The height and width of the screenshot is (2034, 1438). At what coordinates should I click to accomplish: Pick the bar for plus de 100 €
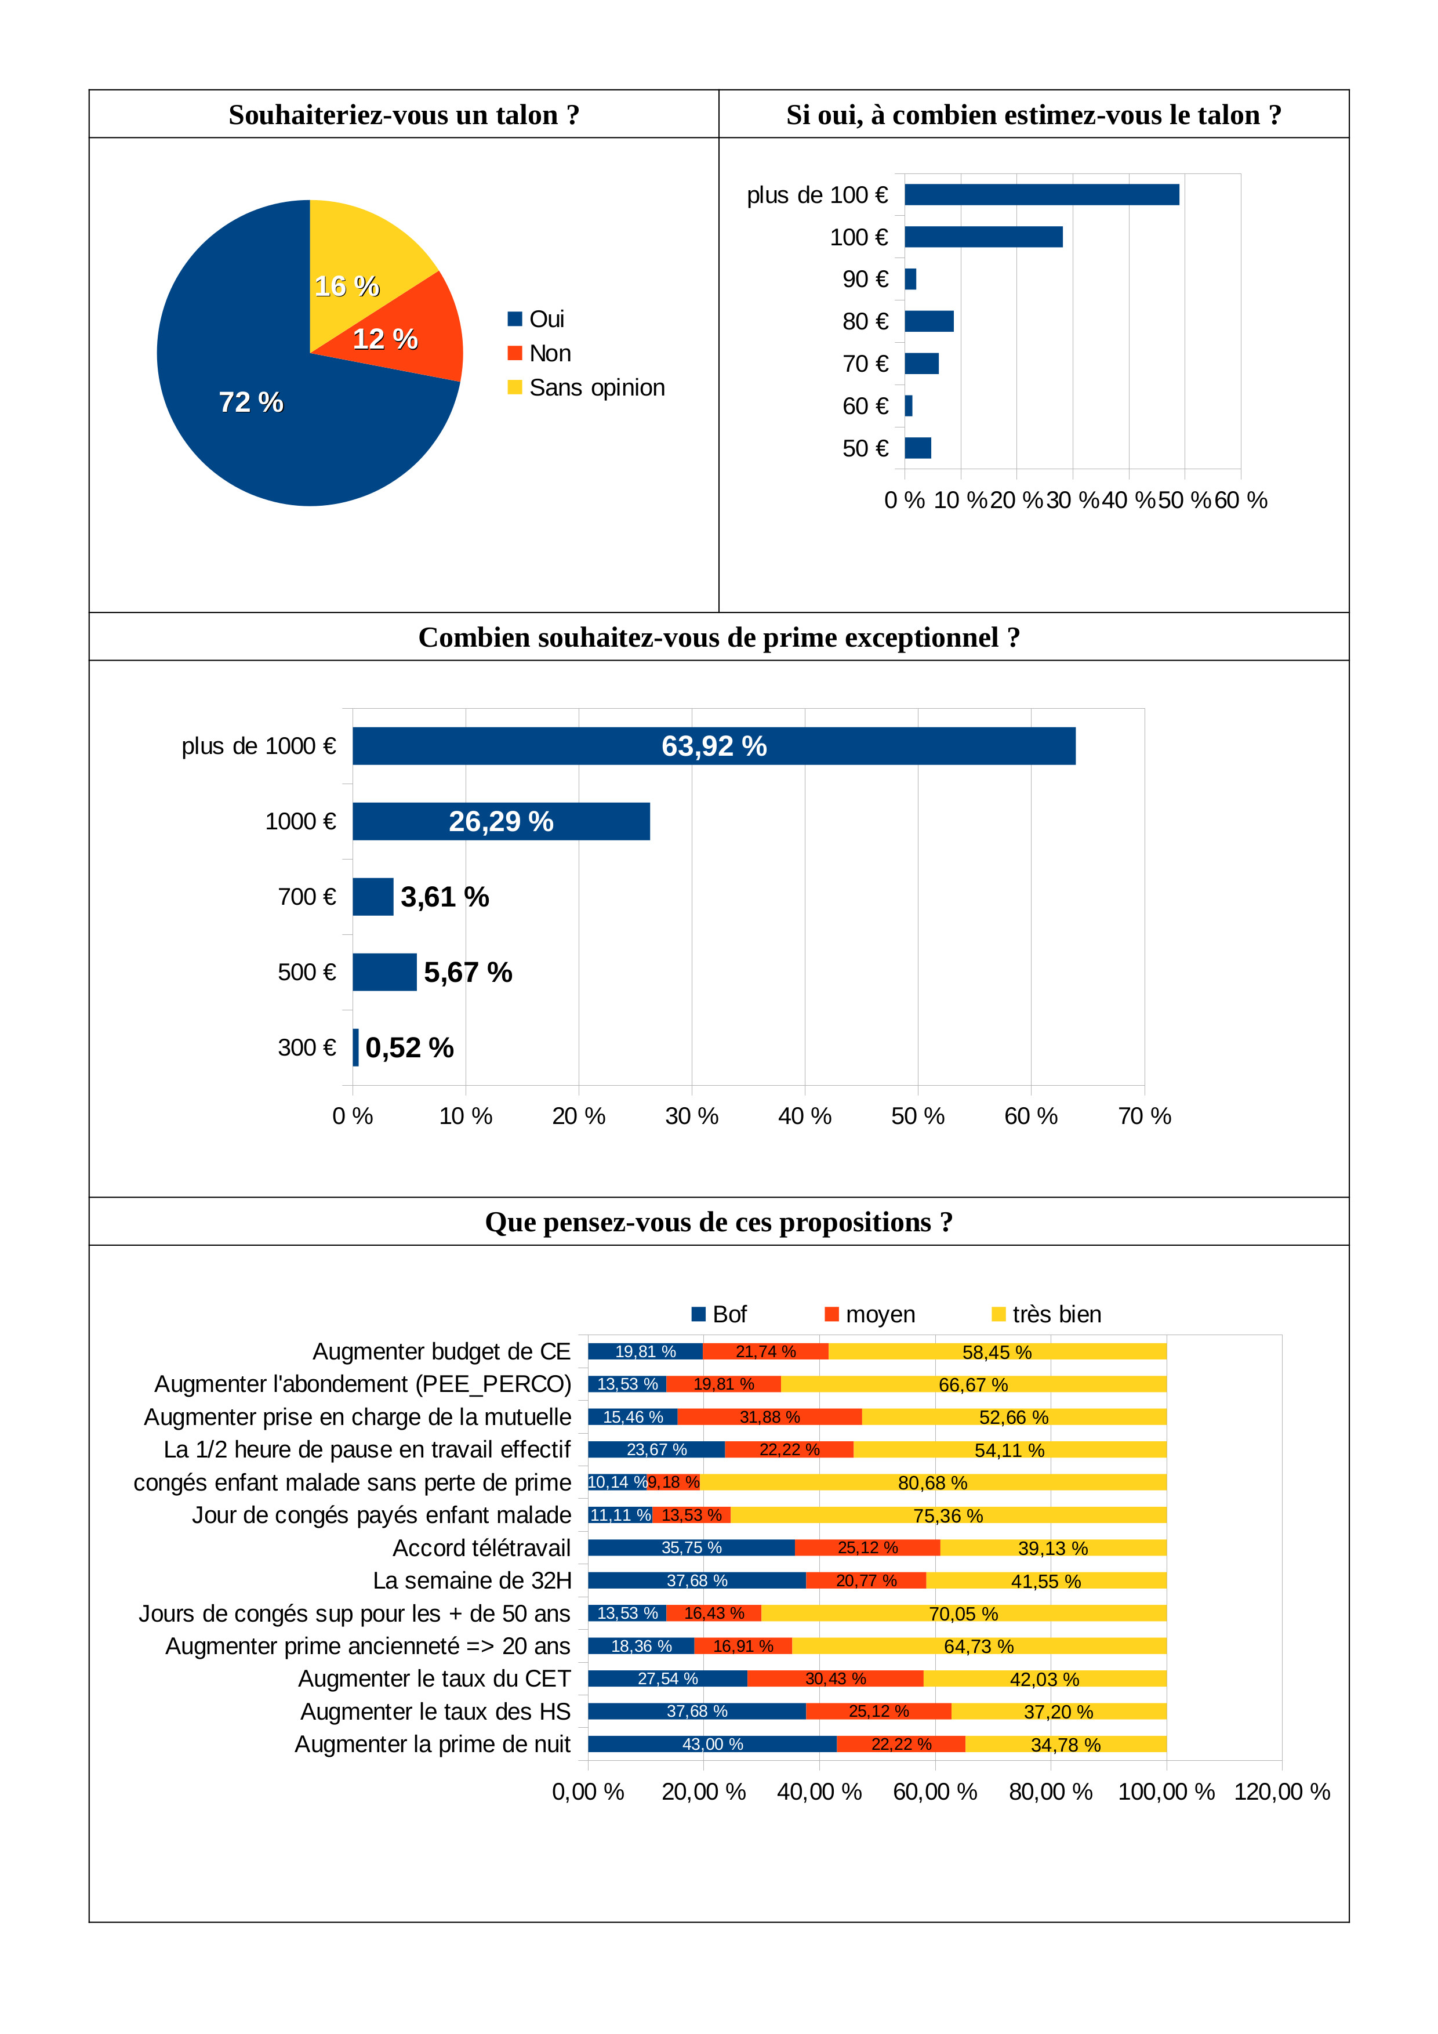click(x=1041, y=195)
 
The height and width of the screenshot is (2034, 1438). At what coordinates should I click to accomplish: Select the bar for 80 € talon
click(x=929, y=321)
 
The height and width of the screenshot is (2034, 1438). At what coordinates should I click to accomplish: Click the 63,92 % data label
click(x=714, y=746)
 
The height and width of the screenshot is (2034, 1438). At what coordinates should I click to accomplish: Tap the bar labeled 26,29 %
click(x=501, y=821)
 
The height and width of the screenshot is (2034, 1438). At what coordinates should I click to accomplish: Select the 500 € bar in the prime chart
click(x=384, y=972)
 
